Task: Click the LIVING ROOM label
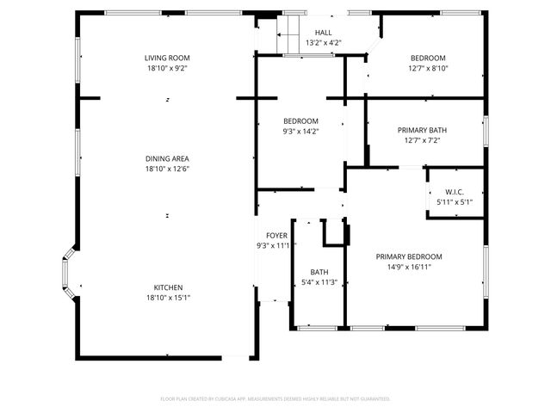167,58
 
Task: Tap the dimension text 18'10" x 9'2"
167,68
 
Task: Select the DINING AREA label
167,158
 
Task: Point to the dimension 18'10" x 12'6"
167,169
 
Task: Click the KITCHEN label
168,287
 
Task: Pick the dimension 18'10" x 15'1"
168,298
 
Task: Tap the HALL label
322,32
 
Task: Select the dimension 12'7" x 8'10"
428,68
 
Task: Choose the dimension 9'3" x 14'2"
301,131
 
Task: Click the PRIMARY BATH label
422,130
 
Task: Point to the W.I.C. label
455,191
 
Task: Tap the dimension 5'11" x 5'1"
455,201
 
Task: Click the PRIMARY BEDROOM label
408,256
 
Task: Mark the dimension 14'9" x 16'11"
408,267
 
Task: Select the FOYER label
276,235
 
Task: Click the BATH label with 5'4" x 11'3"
319,272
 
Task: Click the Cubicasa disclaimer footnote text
275,399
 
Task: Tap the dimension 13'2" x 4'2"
322,42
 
